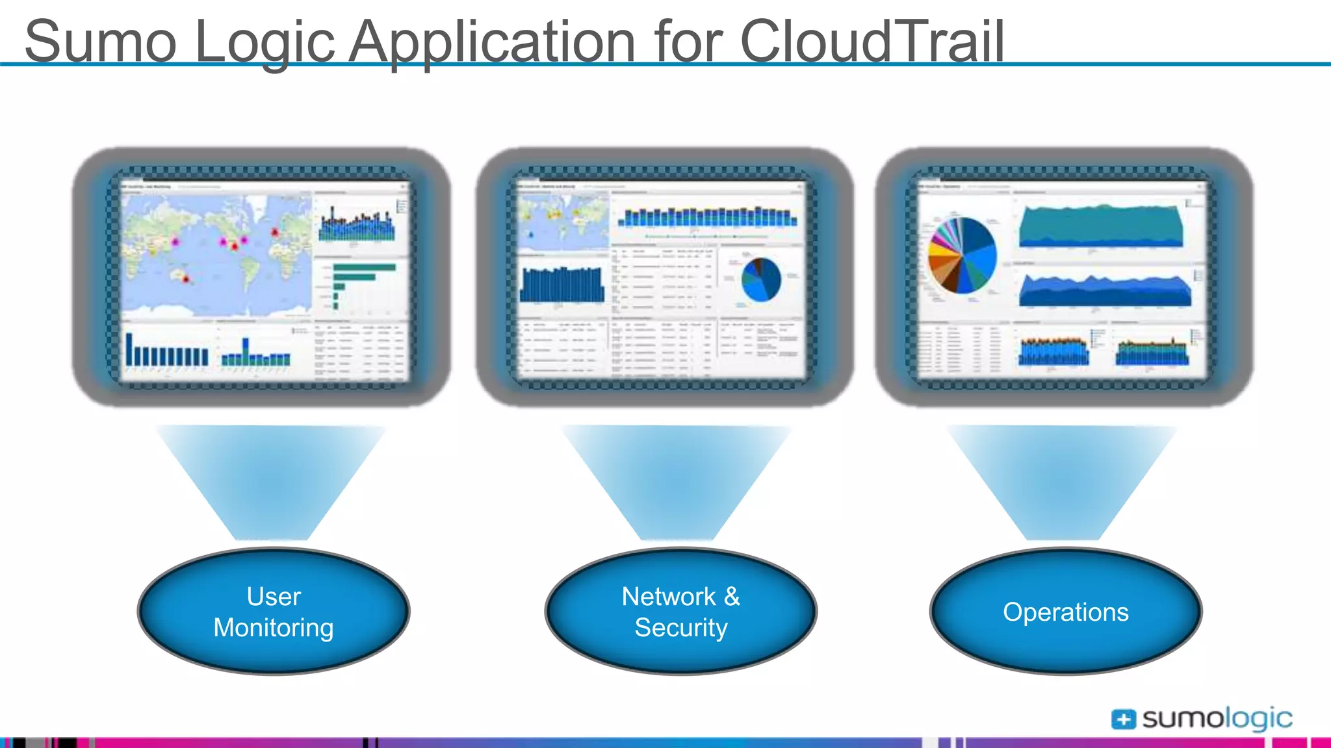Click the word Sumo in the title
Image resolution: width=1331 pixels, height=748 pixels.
point(101,42)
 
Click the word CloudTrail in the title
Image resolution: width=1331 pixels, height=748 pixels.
point(872,42)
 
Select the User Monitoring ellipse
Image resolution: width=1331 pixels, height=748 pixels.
point(274,611)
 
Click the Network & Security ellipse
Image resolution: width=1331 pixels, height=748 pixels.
point(680,611)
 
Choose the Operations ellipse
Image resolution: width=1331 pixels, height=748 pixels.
point(1066,611)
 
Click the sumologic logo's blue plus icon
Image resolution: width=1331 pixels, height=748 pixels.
point(1123,719)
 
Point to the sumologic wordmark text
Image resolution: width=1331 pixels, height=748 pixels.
point(1217,718)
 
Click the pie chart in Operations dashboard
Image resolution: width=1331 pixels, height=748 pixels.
point(962,255)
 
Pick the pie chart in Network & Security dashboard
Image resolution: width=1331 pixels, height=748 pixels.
point(761,279)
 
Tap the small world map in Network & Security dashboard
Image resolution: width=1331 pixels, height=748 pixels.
point(563,221)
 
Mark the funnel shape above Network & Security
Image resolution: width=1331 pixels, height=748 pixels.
point(677,480)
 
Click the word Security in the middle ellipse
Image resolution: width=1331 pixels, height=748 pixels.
point(680,628)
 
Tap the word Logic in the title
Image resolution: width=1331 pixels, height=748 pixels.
point(264,43)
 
